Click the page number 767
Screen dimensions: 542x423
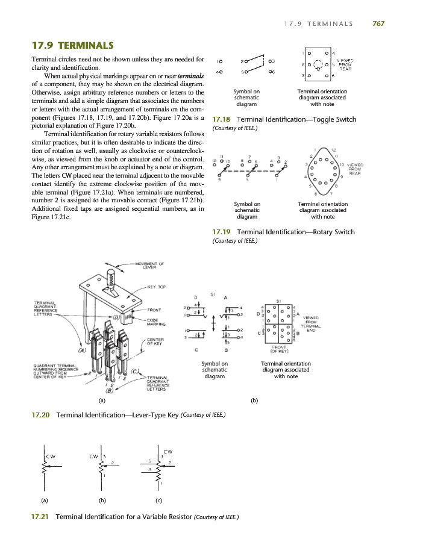coord(378,23)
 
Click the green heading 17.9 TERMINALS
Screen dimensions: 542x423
coord(72,45)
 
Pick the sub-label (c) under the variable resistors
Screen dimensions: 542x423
coord(158,500)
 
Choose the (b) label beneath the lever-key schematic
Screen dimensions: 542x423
coord(254,399)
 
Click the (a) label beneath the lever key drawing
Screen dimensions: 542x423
coord(102,399)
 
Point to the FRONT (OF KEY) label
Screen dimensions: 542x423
coord(279,349)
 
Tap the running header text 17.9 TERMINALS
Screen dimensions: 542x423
coord(318,23)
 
